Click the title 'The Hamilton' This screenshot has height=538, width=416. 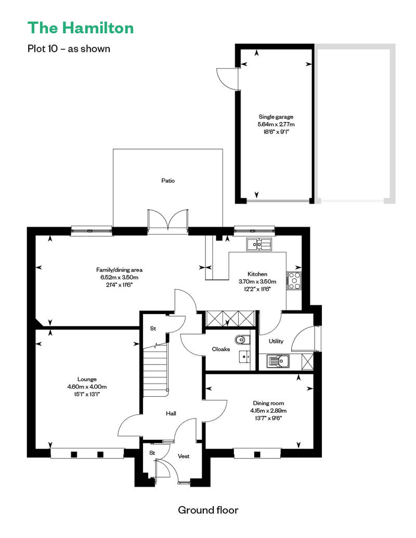(81, 28)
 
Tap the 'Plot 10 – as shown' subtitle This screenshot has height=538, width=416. (69, 49)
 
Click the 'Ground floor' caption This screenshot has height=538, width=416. (208, 510)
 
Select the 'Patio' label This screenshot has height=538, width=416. (168, 181)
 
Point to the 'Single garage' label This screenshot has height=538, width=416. (276, 117)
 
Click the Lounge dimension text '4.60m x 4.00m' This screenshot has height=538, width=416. (87, 387)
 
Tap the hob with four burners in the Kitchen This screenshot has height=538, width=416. (294, 280)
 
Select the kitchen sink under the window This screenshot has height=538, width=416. (258, 244)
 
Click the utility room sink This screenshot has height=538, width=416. (278, 361)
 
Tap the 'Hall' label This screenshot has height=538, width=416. (171, 413)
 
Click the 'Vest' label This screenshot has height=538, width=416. (184, 456)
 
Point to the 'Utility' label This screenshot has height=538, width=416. (276, 341)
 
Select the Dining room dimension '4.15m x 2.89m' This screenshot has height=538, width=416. (268, 411)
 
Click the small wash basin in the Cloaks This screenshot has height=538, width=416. (244, 357)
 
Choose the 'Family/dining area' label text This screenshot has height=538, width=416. (119, 270)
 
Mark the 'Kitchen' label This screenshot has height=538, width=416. (257, 274)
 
